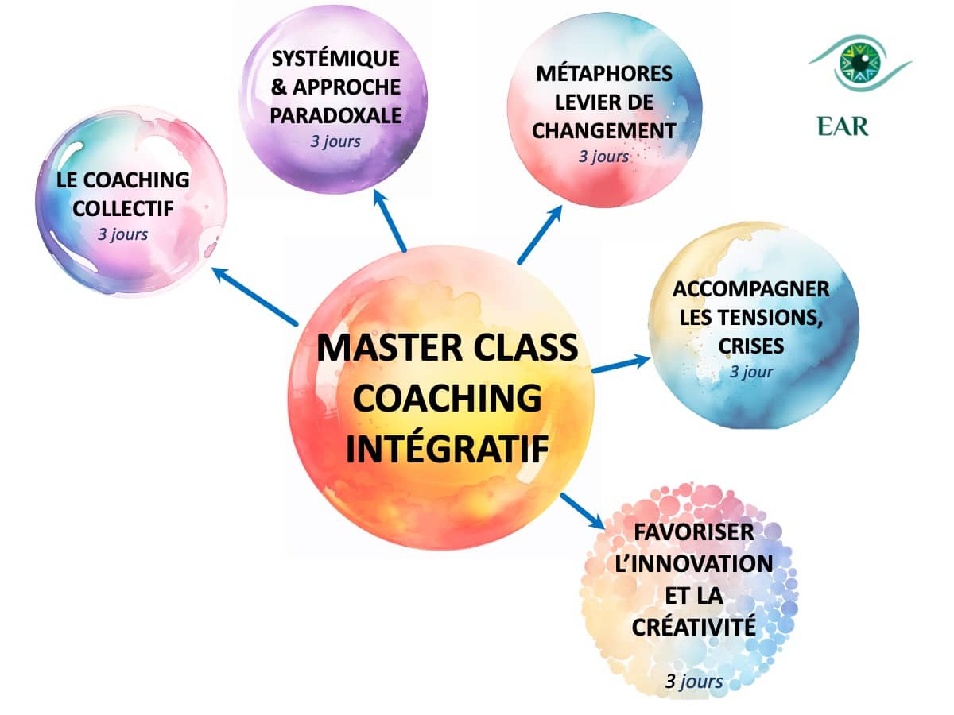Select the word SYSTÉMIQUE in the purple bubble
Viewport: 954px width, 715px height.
coord(335,60)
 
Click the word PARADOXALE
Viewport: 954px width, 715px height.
coord(335,114)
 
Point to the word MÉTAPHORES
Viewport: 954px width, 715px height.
coord(604,74)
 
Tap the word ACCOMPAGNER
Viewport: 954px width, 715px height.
coord(750,288)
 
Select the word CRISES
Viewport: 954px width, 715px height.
coord(750,346)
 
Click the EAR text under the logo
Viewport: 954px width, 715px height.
coord(843,126)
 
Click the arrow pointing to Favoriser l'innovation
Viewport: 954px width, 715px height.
coord(582,510)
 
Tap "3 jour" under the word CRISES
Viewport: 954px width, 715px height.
coord(751,372)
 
